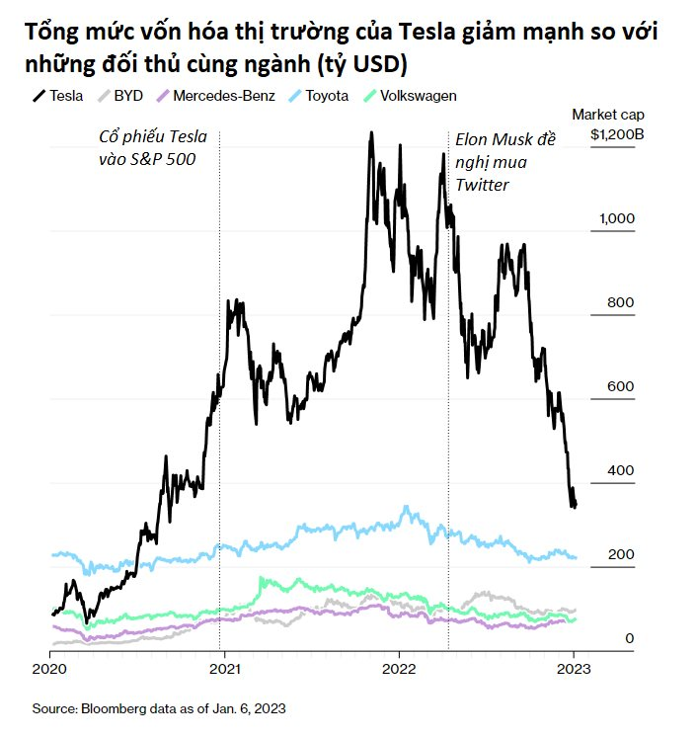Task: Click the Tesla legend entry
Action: point(58,96)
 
